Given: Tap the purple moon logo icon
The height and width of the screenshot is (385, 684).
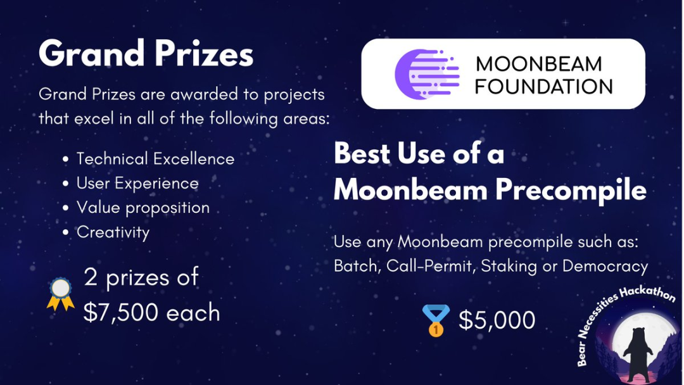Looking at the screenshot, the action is (427, 74).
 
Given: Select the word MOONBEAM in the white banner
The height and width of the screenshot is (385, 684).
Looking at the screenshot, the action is (539, 64).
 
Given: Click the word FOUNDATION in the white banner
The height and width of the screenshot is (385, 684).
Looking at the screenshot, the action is (543, 87).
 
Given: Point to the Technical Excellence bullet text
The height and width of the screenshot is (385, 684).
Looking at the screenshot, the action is (155, 159).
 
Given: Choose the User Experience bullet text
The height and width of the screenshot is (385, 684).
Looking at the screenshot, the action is (137, 184).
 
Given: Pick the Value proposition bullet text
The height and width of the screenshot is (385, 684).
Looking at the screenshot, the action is (143, 208).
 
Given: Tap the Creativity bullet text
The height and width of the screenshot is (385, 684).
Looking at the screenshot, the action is (113, 232).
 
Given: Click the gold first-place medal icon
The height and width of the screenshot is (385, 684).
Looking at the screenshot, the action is (436, 320).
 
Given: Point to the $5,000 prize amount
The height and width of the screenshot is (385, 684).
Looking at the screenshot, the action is (497, 320).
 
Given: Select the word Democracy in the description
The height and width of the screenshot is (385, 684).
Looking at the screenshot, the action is (605, 266).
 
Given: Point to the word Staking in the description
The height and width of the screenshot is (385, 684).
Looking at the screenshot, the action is (509, 267).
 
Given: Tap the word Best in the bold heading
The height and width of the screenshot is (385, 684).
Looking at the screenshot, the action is (362, 154).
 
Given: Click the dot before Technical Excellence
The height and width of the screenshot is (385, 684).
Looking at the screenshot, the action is (65, 160).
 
